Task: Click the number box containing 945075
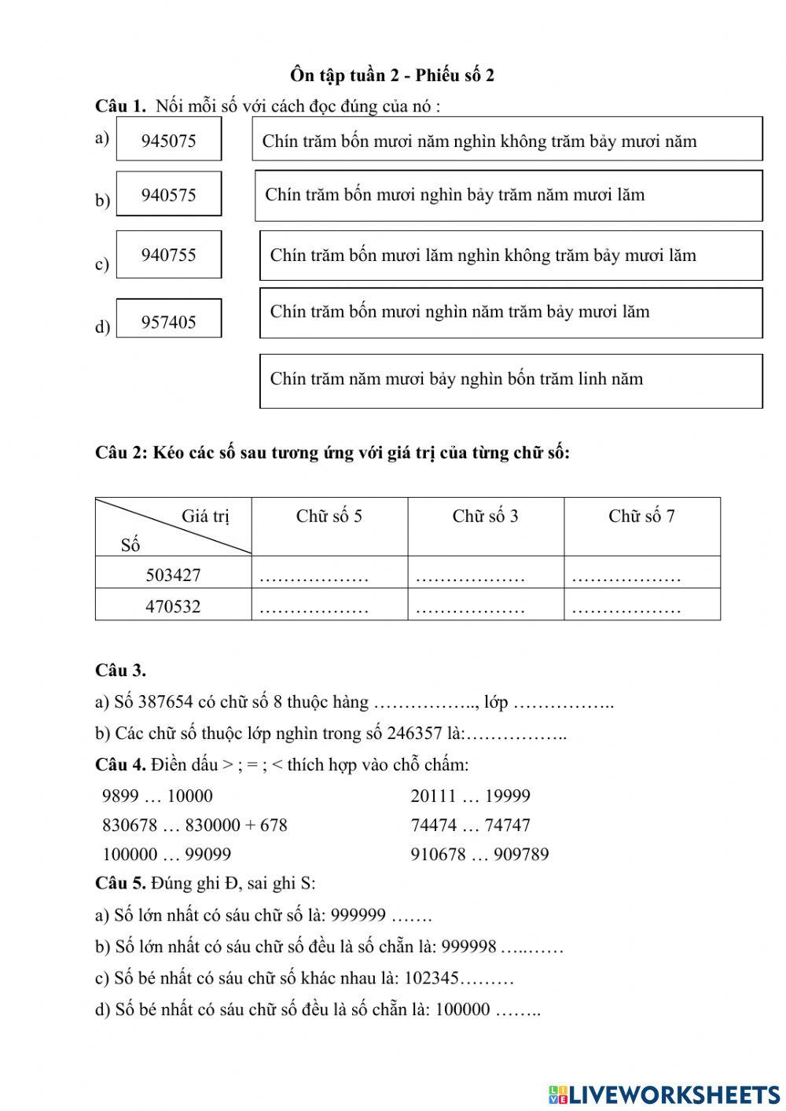pyautogui.click(x=169, y=140)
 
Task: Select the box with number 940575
pyautogui.click(x=169, y=194)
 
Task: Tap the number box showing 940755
pyautogui.click(x=169, y=255)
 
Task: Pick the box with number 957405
pyautogui.click(x=169, y=321)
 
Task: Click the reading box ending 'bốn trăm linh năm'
pyautogui.click(x=511, y=381)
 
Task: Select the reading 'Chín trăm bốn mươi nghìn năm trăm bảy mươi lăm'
pyautogui.click(x=511, y=312)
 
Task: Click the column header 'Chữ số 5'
pyautogui.click(x=329, y=517)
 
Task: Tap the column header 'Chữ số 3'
pyautogui.click(x=485, y=517)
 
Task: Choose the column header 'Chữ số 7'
pyautogui.click(x=641, y=517)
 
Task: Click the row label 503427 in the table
pyautogui.click(x=173, y=575)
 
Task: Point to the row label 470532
pyautogui.click(x=173, y=606)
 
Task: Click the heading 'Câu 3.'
pyautogui.click(x=120, y=671)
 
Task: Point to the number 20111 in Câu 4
pyautogui.click(x=433, y=796)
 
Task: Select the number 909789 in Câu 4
pyautogui.click(x=516, y=854)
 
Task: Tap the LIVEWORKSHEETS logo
pyautogui.click(x=664, y=1094)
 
